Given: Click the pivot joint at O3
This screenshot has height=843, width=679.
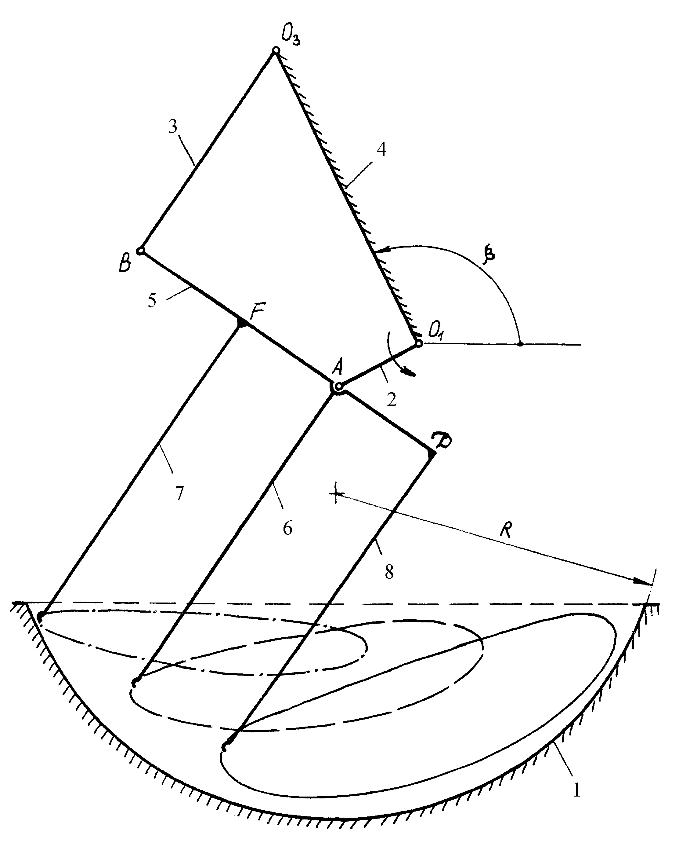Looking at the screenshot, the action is pyautogui.click(x=276, y=50).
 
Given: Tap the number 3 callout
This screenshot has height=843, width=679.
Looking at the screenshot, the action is pyautogui.click(x=172, y=127).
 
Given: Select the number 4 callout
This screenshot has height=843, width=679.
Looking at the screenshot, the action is pyautogui.click(x=381, y=149).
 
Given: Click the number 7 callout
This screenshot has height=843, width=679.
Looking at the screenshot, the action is pyautogui.click(x=179, y=494).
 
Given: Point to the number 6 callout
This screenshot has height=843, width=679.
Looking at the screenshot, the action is pyautogui.click(x=287, y=529).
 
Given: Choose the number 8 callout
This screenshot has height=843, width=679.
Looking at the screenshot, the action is pyautogui.click(x=389, y=573).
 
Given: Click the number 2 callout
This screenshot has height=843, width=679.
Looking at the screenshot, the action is pyautogui.click(x=392, y=400).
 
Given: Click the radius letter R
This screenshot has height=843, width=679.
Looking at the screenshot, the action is pyautogui.click(x=506, y=531).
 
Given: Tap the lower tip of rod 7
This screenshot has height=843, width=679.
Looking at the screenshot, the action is pyautogui.click(x=40, y=617).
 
